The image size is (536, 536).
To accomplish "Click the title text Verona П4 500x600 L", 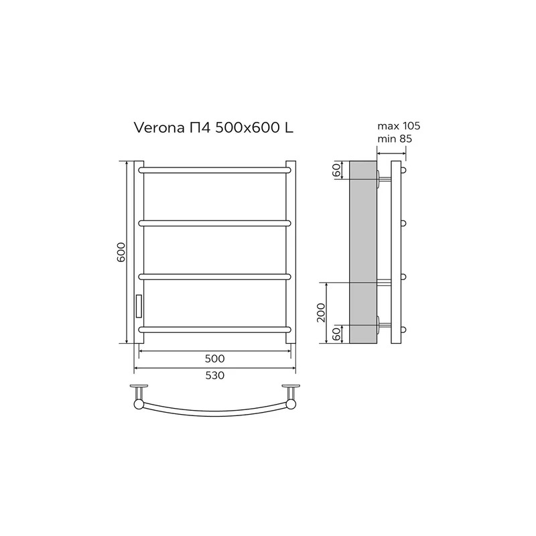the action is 214,128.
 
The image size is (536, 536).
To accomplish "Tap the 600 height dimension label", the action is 121,253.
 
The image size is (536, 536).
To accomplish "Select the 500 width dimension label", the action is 214,358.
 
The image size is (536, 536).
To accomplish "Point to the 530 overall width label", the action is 214,375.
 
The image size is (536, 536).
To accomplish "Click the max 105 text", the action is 399,126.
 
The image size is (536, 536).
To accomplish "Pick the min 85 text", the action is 395,139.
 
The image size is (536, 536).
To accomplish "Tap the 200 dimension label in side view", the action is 321,312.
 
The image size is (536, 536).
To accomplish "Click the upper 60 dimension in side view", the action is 336,170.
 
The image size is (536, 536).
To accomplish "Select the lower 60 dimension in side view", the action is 336,334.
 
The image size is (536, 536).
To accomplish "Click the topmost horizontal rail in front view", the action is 214,170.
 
